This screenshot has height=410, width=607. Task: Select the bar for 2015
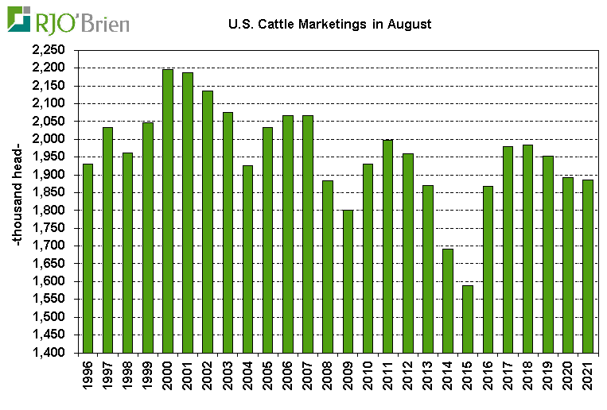click(468, 318)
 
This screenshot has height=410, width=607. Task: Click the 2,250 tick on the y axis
click(50, 49)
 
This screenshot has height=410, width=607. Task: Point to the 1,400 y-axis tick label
click(50, 353)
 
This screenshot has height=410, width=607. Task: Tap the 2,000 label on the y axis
click(50, 139)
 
